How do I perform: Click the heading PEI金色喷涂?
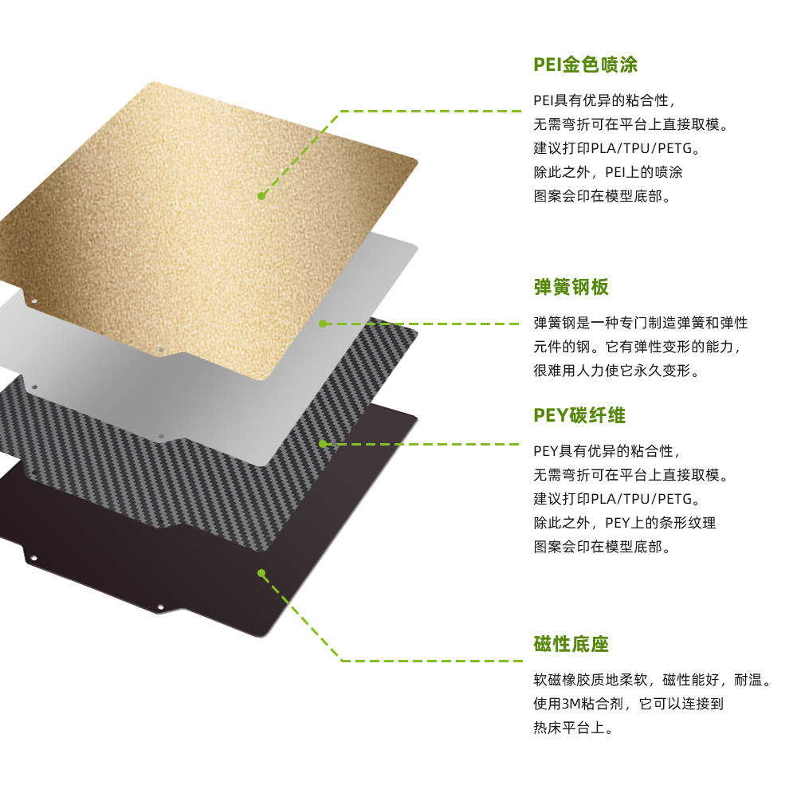(x=585, y=65)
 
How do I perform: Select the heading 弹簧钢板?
(x=571, y=287)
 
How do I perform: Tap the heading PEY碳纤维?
(x=579, y=415)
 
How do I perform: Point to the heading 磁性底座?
(x=571, y=644)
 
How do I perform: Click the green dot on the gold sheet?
(x=261, y=195)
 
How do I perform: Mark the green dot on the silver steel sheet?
(x=323, y=324)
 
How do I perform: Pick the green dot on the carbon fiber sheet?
(x=323, y=443)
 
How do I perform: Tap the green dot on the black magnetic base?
(x=261, y=571)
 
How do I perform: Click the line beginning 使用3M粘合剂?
(x=628, y=705)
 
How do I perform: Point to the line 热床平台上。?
(x=573, y=728)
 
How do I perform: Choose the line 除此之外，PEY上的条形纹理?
(x=624, y=523)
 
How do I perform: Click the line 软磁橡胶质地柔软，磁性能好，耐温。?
(x=653, y=681)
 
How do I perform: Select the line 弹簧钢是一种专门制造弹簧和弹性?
(x=640, y=323)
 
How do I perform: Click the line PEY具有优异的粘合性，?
(x=607, y=451)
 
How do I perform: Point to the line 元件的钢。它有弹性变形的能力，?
(x=640, y=347)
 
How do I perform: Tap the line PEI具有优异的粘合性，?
(x=606, y=100)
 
